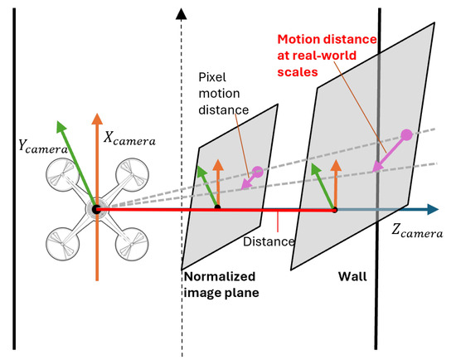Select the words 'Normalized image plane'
tap(219, 285)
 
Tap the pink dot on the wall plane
tap(406, 134)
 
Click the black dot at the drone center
tap(96, 210)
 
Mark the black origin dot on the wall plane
tap(335, 210)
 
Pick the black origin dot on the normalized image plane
tap(217, 208)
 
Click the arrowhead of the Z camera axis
tap(434, 210)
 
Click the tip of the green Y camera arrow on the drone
tap(59, 124)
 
